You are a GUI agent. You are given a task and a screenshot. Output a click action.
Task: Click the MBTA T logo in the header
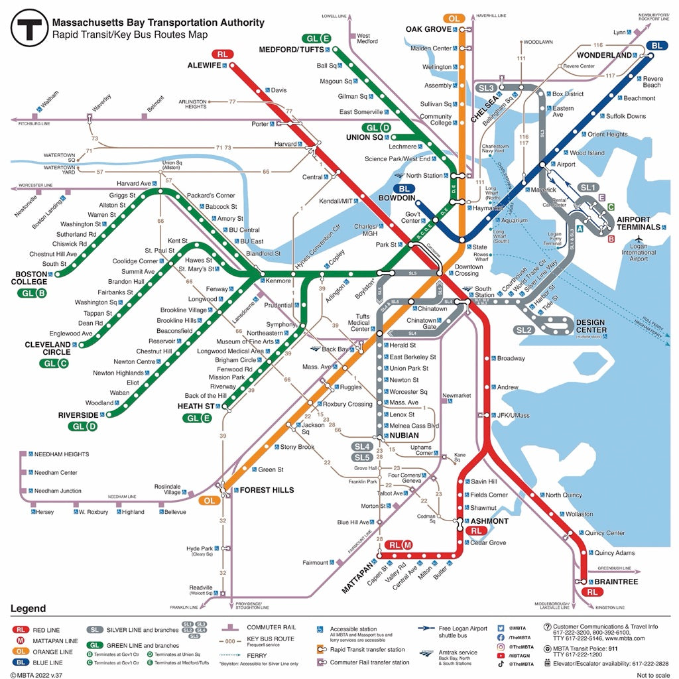click(x=30, y=29)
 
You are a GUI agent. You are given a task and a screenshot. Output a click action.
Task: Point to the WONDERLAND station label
click(x=604, y=55)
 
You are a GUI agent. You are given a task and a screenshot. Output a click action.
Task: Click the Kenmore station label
click(x=278, y=280)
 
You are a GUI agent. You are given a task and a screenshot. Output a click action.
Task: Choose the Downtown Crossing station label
click(x=468, y=270)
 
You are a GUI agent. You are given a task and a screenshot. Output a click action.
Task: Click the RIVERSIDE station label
click(x=78, y=415)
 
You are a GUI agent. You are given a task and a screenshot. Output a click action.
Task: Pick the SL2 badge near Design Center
click(x=524, y=330)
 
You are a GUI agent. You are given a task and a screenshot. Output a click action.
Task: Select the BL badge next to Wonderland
click(x=656, y=46)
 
